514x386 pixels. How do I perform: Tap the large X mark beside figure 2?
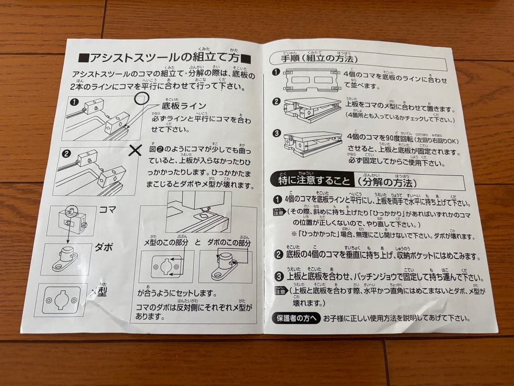coord(136,151)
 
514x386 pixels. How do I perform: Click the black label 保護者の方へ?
coord(296,318)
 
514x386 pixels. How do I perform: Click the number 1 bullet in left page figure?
coord(74,102)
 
